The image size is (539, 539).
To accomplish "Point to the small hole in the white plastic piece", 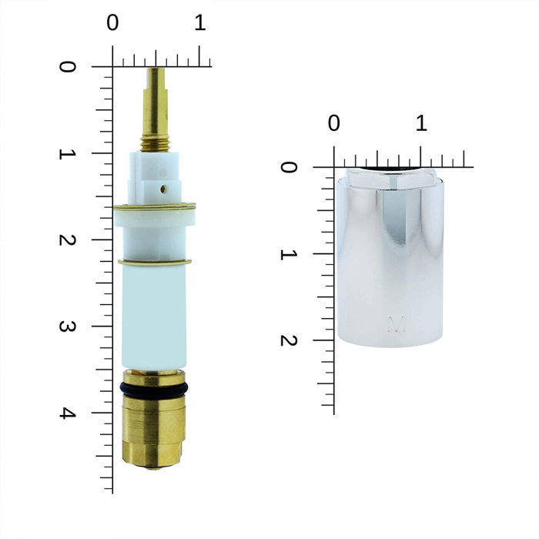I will [162, 186].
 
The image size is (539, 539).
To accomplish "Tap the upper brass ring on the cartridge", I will [154, 206].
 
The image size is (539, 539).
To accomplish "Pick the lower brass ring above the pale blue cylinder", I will [154, 263].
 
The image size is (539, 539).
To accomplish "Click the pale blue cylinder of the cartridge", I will [154, 316].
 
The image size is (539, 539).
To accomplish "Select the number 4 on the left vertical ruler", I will [69, 413].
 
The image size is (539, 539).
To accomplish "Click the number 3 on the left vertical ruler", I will [69, 326].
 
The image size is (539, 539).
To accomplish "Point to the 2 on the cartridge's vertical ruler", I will [69, 239].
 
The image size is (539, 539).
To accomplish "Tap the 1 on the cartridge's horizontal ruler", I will [199, 24].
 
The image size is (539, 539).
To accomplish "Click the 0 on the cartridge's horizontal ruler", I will [113, 24].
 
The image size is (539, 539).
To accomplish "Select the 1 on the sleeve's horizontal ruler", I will [420, 123].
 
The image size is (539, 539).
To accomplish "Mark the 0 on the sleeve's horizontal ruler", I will [333, 123].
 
